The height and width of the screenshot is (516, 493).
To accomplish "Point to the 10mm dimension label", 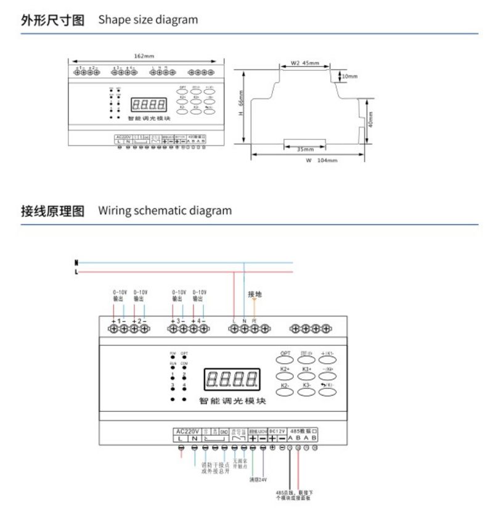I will pyautogui.click(x=349, y=76).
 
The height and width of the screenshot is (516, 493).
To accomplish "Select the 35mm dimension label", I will pyautogui.click(x=305, y=149).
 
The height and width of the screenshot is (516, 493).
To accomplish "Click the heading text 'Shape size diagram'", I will pyautogui.click(x=148, y=20).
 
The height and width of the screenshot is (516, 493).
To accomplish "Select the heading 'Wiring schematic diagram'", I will pyautogui.click(x=165, y=211).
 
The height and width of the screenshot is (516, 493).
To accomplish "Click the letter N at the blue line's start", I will pyautogui.click(x=76, y=262).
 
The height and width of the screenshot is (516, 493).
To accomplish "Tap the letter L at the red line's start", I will pyautogui.click(x=76, y=271).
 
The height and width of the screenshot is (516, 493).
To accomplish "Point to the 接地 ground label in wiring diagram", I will pyautogui.click(x=255, y=294).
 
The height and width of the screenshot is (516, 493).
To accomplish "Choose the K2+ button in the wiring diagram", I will pyautogui.click(x=285, y=372).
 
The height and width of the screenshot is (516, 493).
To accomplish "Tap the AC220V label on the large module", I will pyautogui.click(x=185, y=431).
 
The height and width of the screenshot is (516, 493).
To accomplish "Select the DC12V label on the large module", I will pyautogui.click(x=278, y=431).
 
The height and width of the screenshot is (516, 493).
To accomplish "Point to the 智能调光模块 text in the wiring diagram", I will pyautogui.click(x=232, y=401).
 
